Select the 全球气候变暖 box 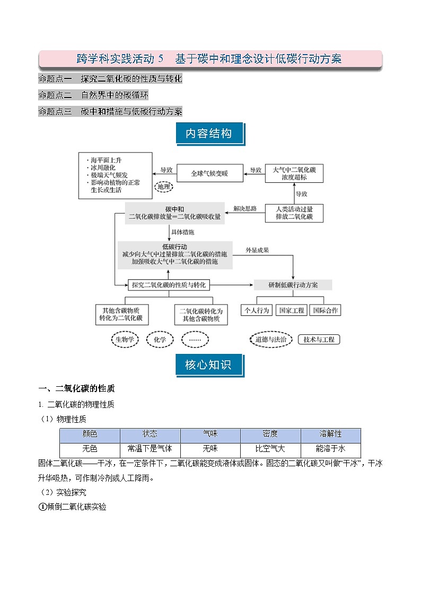click(x=209, y=173)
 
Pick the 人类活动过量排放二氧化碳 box click(x=294, y=213)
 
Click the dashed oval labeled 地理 click(x=164, y=187)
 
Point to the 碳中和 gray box click(x=175, y=213)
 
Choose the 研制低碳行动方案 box click(x=293, y=285)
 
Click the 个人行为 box click(x=257, y=310)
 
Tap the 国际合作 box click(x=326, y=310)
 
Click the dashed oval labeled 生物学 click(x=125, y=339)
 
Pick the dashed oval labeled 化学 click(x=160, y=339)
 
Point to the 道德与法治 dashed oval click(x=271, y=339)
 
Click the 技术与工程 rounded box click(x=319, y=339)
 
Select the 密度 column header click(x=270, y=434)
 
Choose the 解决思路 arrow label click(x=245, y=209)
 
